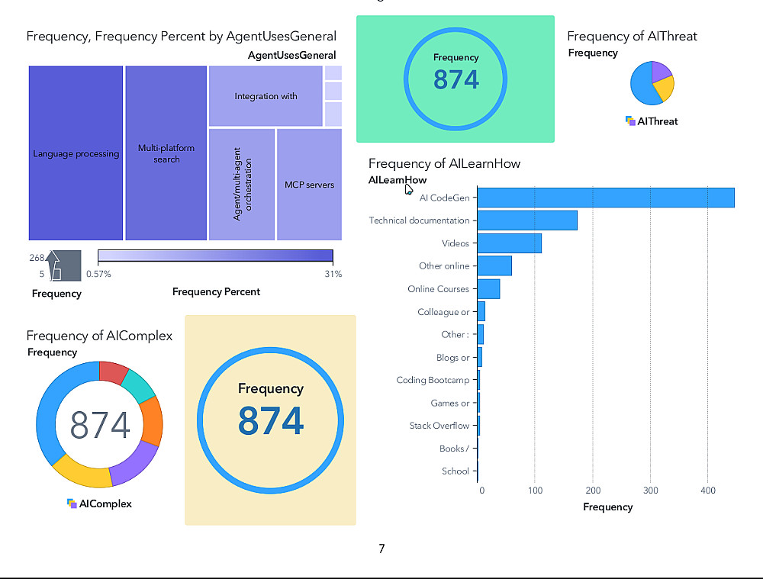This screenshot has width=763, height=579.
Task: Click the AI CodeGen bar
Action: [x=606, y=198]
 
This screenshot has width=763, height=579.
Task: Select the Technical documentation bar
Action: [x=527, y=220]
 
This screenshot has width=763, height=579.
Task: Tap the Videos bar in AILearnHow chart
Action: [x=510, y=243]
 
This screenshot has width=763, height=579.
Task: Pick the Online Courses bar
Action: [x=489, y=289]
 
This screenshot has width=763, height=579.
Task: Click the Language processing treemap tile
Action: [x=76, y=153]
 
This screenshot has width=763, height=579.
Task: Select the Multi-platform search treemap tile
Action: [x=166, y=153]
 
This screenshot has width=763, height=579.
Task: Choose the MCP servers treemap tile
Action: [x=309, y=185]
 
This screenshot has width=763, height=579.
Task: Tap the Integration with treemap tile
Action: [x=266, y=96]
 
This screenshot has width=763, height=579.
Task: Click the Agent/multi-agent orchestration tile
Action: [x=241, y=185]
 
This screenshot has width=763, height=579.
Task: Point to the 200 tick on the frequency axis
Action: [x=593, y=491]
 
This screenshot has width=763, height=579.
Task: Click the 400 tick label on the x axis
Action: [x=707, y=491]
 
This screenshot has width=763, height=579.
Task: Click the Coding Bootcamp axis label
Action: [x=433, y=380]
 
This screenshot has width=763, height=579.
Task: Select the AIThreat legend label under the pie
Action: [x=657, y=121]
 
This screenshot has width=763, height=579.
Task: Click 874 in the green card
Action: [x=456, y=79]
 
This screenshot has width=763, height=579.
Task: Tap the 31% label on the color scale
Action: [x=333, y=274]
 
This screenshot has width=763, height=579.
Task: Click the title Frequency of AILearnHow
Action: [x=444, y=163]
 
